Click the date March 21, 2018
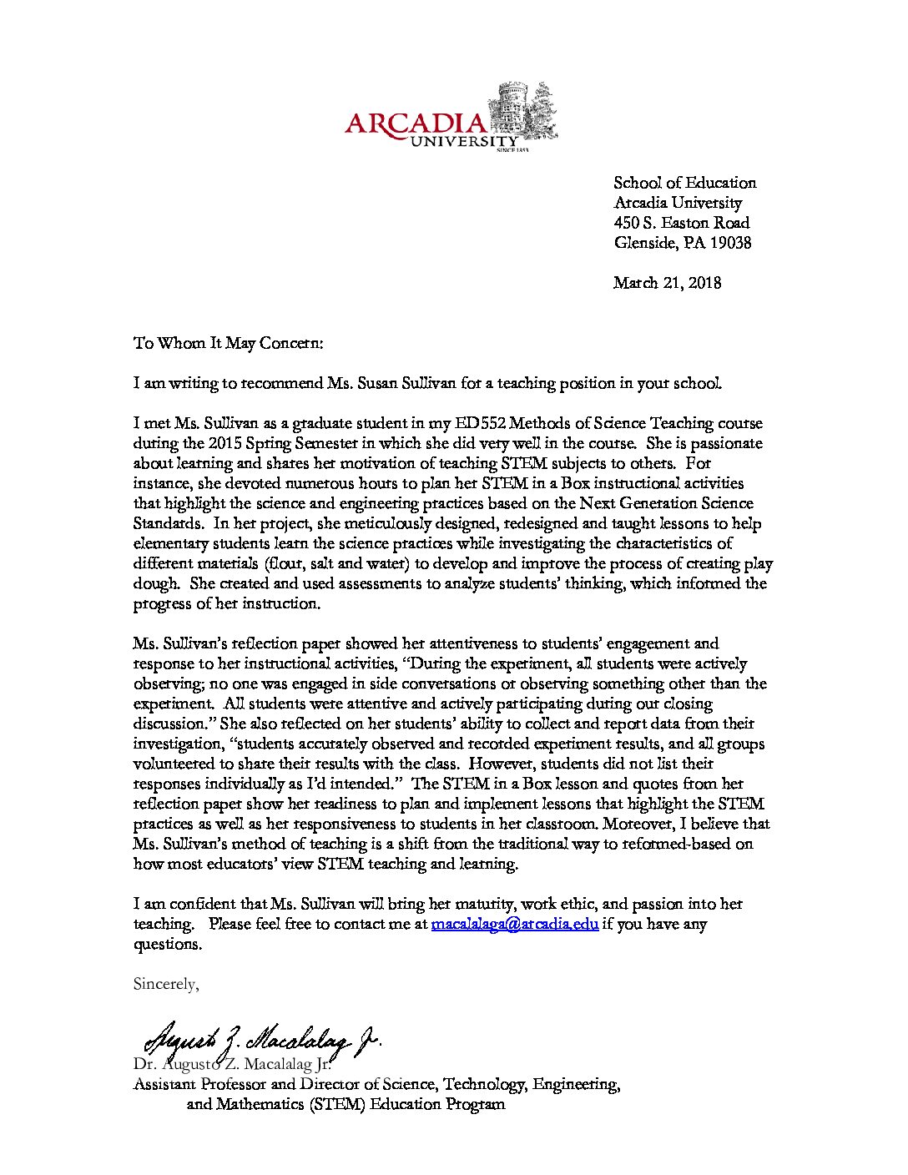click(x=667, y=283)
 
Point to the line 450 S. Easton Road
click(x=681, y=223)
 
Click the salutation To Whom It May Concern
click(x=228, y=343)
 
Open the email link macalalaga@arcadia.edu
click(x=514, y=925)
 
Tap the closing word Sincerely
click(x=165, y=985)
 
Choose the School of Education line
click(x=684, y=183)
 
